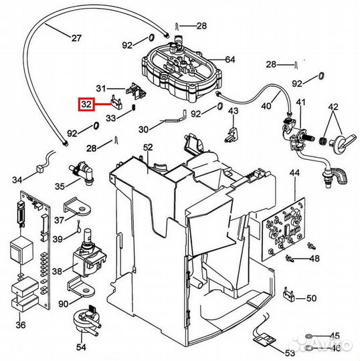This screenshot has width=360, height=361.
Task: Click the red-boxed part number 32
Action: pos(86,104)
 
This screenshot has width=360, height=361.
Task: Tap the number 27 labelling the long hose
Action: pos(76,37)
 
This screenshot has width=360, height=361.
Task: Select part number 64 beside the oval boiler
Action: pos(230,59)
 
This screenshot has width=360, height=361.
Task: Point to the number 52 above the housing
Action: pos(148,147)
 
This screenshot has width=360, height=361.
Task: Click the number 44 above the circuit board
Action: pos(294,172)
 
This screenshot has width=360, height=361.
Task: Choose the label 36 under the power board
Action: pos(21,325)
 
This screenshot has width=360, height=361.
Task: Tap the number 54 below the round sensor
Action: pos(82,347)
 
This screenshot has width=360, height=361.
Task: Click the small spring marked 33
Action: pos(133,108)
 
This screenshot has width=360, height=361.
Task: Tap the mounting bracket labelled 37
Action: pos(76,208)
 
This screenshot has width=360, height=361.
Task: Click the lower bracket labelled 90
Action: pos(81,287)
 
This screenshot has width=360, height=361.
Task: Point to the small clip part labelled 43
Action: pos(232,134)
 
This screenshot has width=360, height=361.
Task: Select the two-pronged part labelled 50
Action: pos(288,294)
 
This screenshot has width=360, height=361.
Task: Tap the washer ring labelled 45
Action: pos(308,337)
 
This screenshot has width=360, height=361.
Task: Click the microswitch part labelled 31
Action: pos(136,91)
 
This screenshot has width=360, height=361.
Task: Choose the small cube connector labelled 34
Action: pos(41,170)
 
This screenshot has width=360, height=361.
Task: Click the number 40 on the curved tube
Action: pos(267,106)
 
